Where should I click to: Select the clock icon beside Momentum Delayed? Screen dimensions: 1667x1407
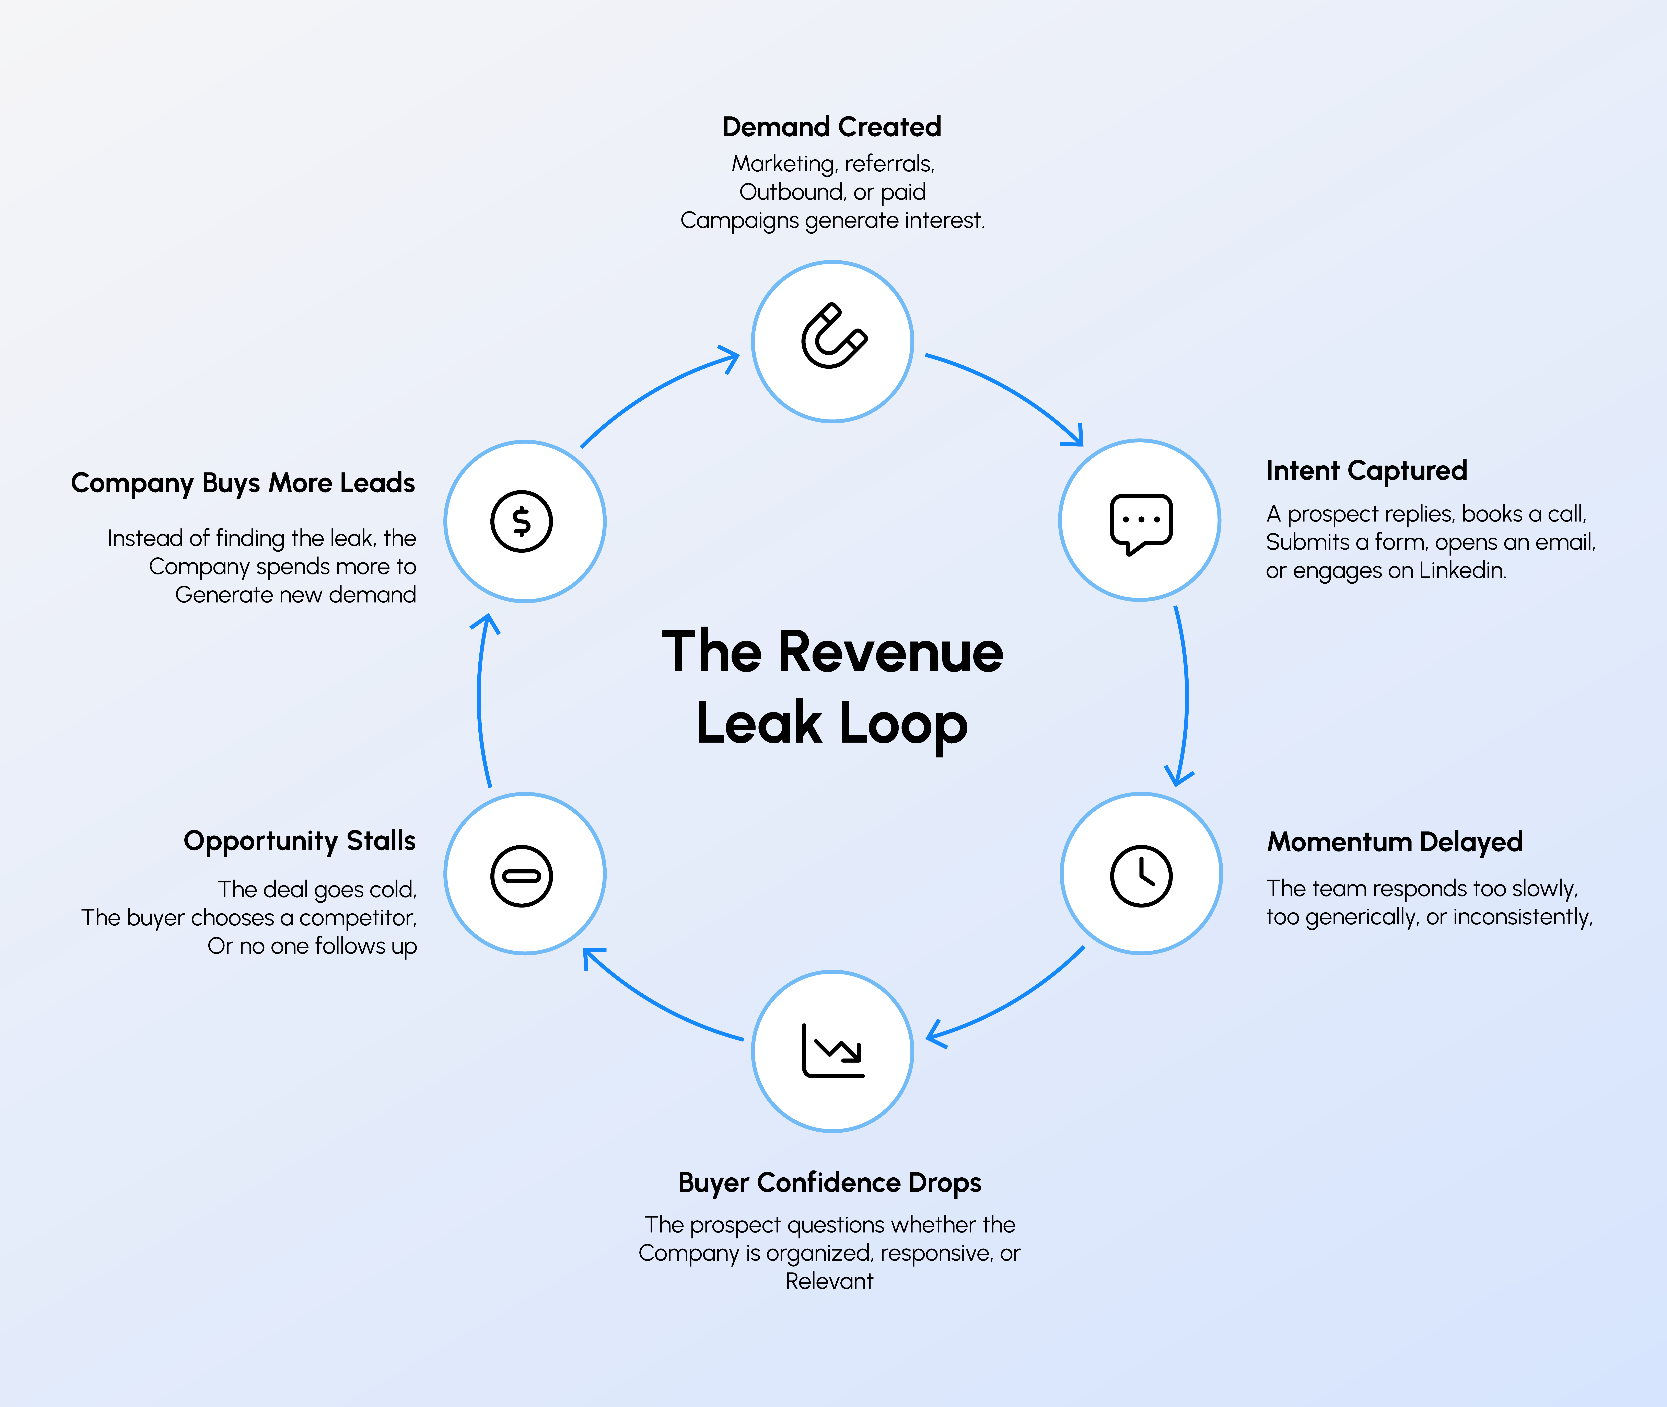tap(1141, 876)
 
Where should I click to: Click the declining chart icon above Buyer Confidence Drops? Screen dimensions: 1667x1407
tap(833, 1050)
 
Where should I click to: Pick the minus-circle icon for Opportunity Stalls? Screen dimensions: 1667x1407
tap(521, 876)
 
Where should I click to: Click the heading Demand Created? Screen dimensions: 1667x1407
tap(831, 127)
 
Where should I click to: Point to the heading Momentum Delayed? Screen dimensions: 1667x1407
tap(1395, 842)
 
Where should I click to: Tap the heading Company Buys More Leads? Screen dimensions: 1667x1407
tap(243, 483)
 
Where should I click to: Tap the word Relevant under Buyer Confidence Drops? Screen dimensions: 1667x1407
tap(829, 1282)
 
